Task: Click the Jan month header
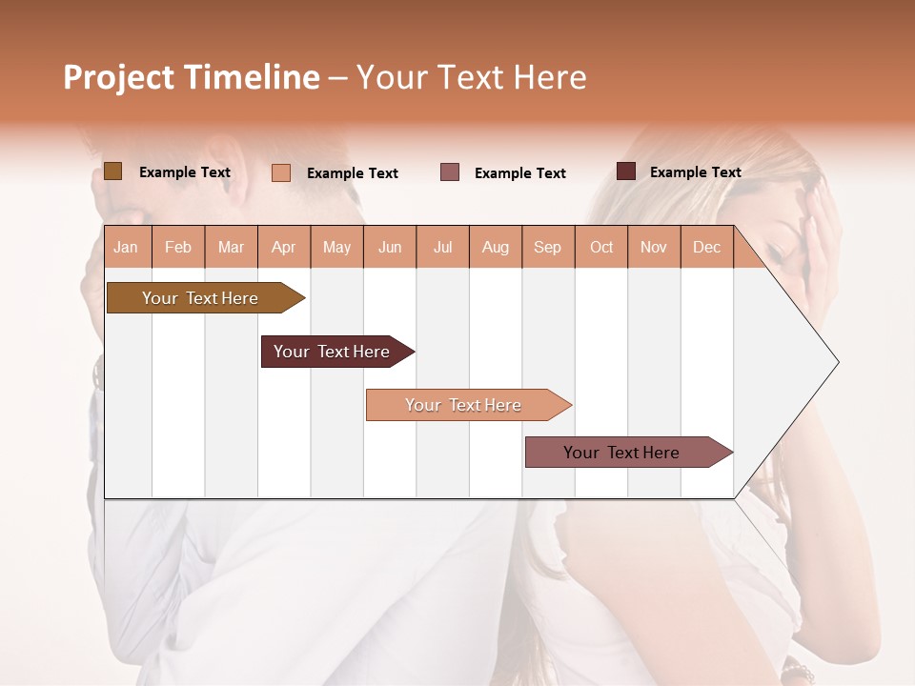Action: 126,248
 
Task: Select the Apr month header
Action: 284,248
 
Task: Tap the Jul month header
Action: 442,248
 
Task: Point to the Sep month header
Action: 547,248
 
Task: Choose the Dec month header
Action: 706,248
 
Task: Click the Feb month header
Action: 178,248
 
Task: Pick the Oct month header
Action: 601,248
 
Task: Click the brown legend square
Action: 112,171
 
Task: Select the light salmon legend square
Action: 281,172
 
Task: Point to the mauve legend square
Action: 450,171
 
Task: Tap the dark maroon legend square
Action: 626,171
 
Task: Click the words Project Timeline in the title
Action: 191,77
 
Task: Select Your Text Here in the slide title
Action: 471,77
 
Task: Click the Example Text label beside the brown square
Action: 185,172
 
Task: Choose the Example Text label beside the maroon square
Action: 696,172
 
